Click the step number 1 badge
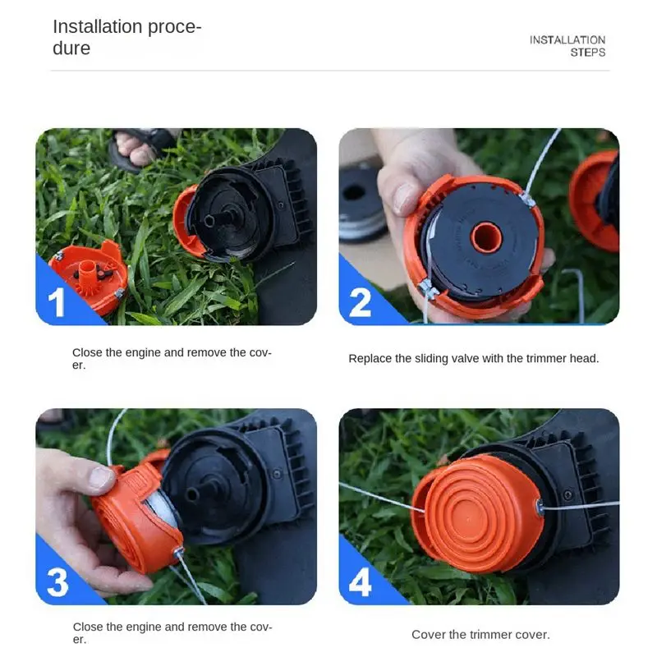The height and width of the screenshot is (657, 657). [56, 302]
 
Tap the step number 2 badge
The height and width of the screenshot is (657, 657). [361, 302]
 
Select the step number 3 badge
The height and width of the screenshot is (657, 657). [57, 582]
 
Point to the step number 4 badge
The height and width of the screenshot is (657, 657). [361, 582]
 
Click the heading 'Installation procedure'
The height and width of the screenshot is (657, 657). [127, 37]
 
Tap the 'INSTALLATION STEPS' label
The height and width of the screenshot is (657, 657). [567, 46]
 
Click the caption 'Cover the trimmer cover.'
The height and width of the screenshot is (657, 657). [480, 634]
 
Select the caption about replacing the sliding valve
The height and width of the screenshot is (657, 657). [474, 359]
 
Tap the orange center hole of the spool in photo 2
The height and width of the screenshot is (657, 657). [486, 237]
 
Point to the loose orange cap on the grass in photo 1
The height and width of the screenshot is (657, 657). [89, 277]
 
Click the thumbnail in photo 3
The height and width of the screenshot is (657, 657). [100, 477]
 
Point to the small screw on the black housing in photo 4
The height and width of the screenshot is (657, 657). [567, 494]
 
